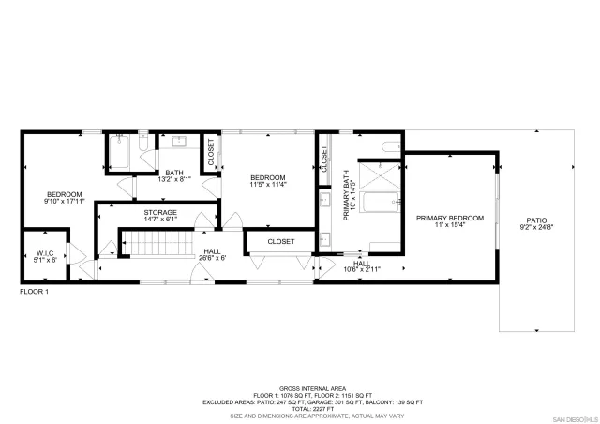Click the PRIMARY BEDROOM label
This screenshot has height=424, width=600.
450,218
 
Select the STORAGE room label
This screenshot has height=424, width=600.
160,212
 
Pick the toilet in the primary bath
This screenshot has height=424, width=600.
393,146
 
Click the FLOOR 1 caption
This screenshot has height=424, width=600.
35,292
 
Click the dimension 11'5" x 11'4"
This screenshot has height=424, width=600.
268,184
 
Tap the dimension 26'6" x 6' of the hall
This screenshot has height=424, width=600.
212,259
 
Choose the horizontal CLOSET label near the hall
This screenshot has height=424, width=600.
280,241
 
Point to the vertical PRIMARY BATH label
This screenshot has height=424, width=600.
347,194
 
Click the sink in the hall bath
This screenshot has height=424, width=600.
179,142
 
